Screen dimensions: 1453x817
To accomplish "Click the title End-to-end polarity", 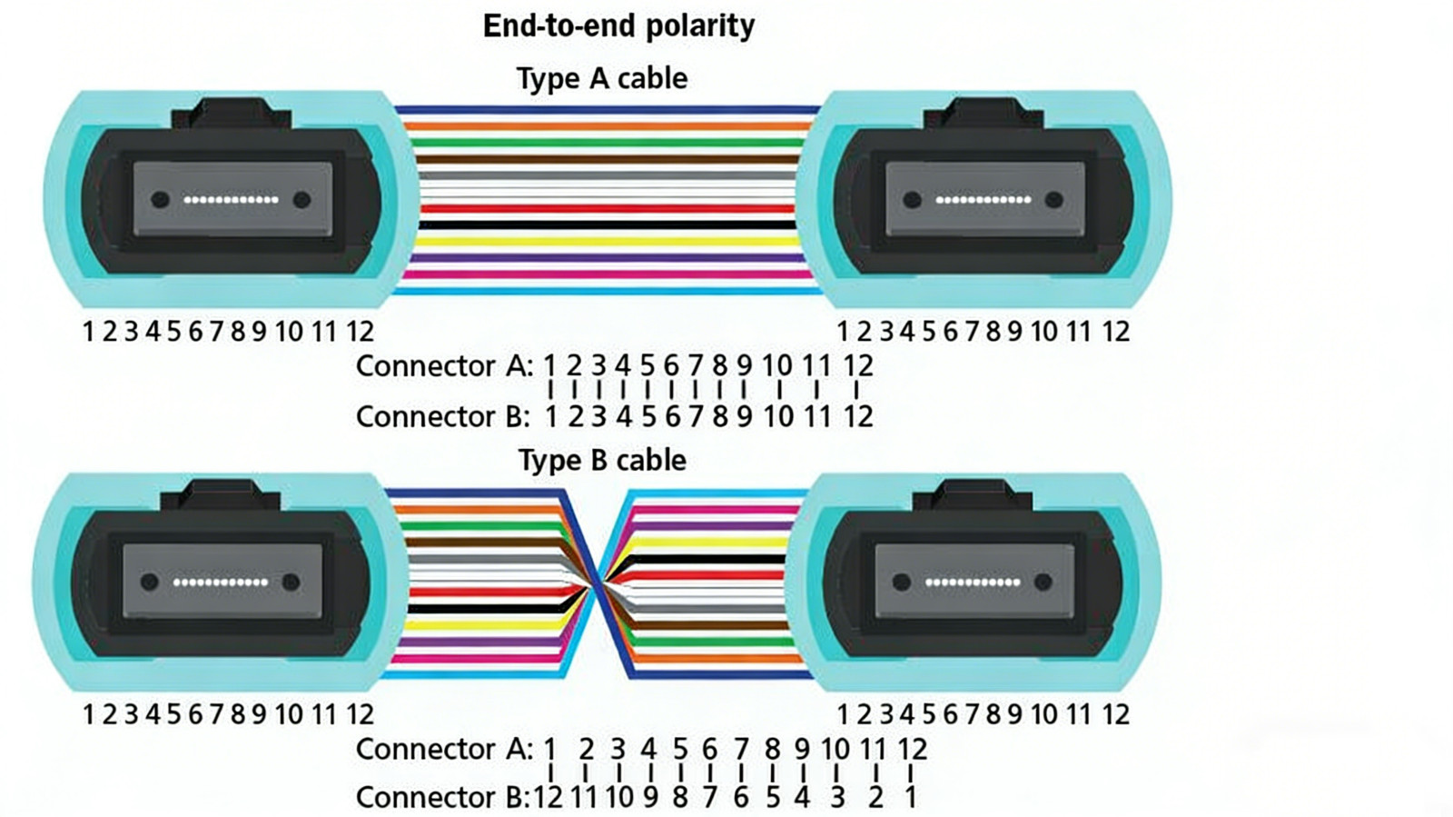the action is [x=618, y=26].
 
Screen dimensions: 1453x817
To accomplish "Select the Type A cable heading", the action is [x=602, y=79].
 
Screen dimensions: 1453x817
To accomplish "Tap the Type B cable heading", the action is [x=602, y=461].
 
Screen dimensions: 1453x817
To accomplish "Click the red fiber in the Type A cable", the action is [x=608, y=209].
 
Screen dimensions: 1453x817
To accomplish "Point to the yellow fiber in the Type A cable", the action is [x=608, y=242].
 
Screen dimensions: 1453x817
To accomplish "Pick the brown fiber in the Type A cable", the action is [x=608, y=159].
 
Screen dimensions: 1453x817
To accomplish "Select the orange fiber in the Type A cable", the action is [x=608, y=126].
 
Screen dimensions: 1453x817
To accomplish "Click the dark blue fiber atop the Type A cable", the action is [x=608, y=110].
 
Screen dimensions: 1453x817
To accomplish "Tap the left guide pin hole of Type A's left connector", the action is [x=160, y=200].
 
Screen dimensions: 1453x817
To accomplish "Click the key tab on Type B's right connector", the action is [x=973, y=496].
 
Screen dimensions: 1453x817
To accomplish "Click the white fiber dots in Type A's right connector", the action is [x=983, y=200].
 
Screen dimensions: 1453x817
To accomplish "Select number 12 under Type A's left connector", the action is [x=360, y=333].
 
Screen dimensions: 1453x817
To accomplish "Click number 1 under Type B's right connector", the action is [x=843, y=715].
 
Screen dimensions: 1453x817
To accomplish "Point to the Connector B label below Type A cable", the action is [x=443, y=416].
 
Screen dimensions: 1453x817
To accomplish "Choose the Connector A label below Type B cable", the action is [x=444, y=750].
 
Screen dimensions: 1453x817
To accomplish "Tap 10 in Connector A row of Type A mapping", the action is [x=777, y=366].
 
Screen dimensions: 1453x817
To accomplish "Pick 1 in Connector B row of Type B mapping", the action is [x=910, y=798].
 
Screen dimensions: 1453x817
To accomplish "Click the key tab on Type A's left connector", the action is [x=231, y=115].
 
